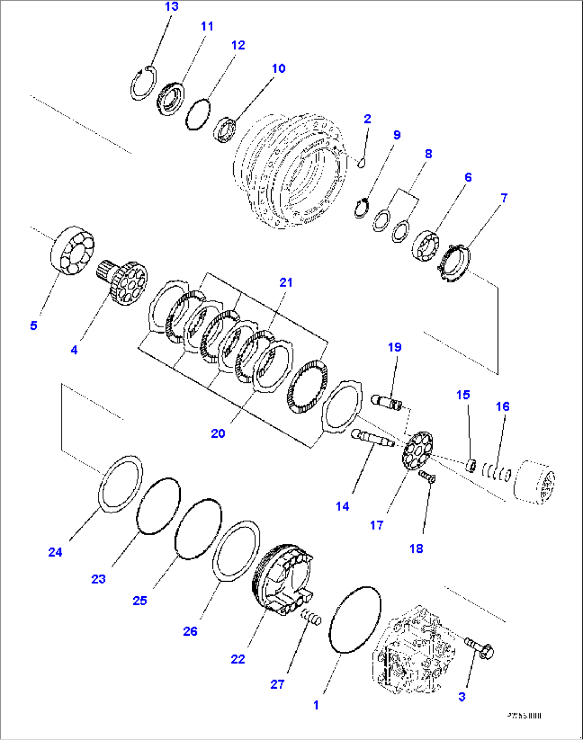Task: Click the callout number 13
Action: click(x=171, y=7)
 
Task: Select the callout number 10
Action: click(x=278, y=68)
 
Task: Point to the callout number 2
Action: click(x=367, y=119)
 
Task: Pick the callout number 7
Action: click(x=503, y=198)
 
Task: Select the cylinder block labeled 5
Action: click(x=73, y=251)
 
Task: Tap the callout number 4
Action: click(x=74, y=350)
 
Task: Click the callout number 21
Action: click(x=286, y=282)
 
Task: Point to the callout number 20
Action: click(x=218, y=433)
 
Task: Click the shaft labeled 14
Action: click(x=372, y=438)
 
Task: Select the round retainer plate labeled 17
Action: click(x=418, y=451)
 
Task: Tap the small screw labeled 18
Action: click(x=427, y=476)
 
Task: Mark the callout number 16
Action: click(x=502, y=406)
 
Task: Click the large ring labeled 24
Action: click(x=121, y=484)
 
